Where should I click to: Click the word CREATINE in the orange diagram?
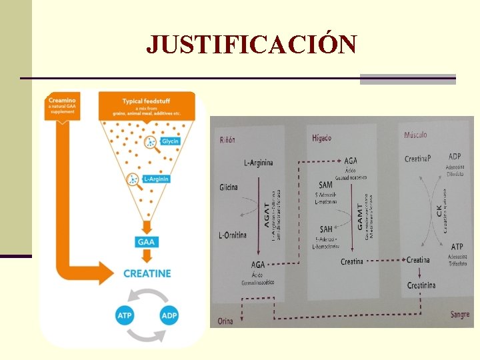(x=147, y=273)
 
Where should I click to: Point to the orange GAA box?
(x=146, y=241)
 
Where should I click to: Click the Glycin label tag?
(x=170, y=141)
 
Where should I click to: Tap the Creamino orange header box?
(x=63, y=107)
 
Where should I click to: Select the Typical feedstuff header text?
(x=147, y=101)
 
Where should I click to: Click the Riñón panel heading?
(x=227, y=140)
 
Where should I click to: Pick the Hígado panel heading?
(x=321, y=138)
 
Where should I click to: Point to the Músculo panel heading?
(x=415, y=135)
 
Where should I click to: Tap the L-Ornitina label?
(x=233, y=235)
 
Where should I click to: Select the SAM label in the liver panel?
(x=325, y=185)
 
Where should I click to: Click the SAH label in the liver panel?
(x=325, y=229)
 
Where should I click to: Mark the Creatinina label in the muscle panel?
(x=421, y=285)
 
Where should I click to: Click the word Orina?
(x=225, y=321)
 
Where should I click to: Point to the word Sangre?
(x=459, y=313)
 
